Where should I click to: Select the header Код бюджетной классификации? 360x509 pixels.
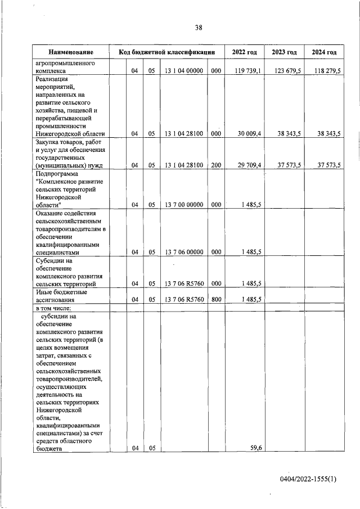[x=167, y=52]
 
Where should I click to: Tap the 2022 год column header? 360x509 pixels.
[x=244, y=52]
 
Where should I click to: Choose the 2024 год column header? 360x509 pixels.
[x=323, y=52]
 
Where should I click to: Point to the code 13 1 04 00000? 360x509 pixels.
[x=184, y=71]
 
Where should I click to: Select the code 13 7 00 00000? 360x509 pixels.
[x=184, y=205]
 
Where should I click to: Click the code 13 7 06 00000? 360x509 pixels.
[x=184, y=253]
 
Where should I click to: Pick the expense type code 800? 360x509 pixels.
[x=216, y=299]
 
